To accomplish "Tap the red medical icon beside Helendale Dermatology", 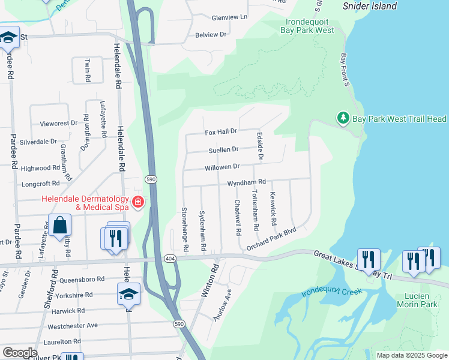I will [x=139, y=202].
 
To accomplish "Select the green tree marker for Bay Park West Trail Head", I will [x=343, y=119].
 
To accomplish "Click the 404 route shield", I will [x=171, y=257].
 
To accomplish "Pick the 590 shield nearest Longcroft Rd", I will [x=150, y=179].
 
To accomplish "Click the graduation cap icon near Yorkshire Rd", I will [x=128, y=293].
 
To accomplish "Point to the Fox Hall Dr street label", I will [x=221, y=131].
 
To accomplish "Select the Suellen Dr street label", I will [x=223, y=149].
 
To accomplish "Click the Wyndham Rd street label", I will [x=246, y=182].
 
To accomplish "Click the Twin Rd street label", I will [x=88, y=71].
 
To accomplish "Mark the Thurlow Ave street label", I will [x=222, y=307].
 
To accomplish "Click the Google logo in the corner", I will [x=20, y=353].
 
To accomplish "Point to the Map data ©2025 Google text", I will [x=411, y=355].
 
